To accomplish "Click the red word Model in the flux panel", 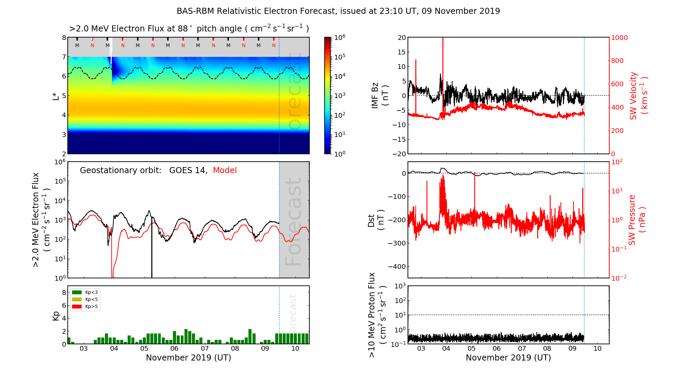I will [x=225, y=170].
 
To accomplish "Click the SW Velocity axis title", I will [x=638, y=96].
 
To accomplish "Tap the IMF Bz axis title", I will [x=379, y=96].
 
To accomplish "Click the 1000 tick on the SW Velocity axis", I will [x=619, y=38].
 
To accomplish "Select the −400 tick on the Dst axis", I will [x=397, y=266].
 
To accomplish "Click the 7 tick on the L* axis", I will [x=64, y=57].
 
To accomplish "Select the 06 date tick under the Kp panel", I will [x=174, y=349].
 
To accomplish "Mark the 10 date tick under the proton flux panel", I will [x=597, y=349].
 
